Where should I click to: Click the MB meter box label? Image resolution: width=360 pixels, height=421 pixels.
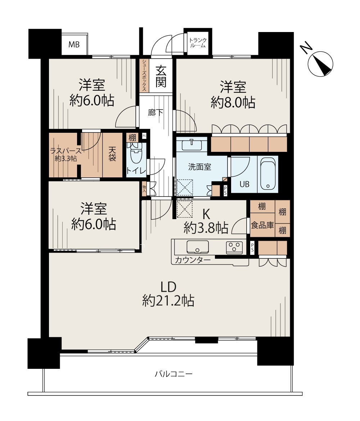pos(74,44)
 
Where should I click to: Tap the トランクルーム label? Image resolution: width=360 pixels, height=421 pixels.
pos(198,43)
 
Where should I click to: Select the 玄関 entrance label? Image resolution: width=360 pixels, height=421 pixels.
pos(161,76)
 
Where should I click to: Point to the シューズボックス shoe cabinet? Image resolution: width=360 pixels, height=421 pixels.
pos(144,76)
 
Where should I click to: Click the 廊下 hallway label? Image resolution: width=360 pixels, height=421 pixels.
pos(156,113)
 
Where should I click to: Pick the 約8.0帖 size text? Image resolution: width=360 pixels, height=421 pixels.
pos(233,102)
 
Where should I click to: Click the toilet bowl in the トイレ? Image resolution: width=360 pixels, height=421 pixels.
pos(136,154)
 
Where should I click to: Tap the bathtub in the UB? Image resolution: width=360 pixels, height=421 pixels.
pos(268,174)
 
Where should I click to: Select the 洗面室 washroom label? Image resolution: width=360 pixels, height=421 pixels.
pos(199,167)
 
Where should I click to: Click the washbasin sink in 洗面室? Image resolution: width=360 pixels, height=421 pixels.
pos(192,144)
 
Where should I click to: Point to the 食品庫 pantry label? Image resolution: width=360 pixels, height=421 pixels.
pos(262,225)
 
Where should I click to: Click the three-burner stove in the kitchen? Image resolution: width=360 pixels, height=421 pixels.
pos(234,247)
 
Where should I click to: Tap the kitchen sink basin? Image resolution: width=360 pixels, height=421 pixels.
pos(198,247)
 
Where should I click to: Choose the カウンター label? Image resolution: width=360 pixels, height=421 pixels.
pos(193,260)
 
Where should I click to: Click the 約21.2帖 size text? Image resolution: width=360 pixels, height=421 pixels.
pos(168,300)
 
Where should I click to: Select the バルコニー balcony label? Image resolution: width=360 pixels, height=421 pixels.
pos(174,374)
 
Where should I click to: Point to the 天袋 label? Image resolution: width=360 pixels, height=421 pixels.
pos(112,154)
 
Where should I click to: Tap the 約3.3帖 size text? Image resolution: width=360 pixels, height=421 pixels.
pos(66,159)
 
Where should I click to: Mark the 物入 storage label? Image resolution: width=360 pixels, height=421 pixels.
pos(144,188)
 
